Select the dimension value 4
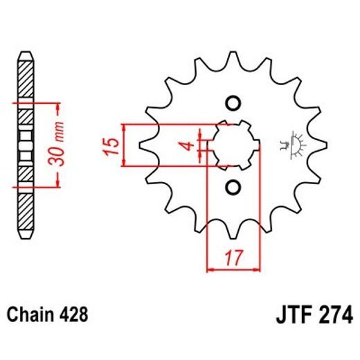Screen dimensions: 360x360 click(x=184, y=146)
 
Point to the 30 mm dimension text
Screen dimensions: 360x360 click(x=60, y=145)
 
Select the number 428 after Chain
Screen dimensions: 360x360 click(x=75, y=315)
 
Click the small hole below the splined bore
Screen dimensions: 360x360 click(x=233, y=188)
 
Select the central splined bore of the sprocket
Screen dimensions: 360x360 click(x=233, y=145)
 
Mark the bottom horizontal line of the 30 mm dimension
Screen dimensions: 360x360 click(x=42, y=188)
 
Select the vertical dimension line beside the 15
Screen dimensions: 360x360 click(x=123, y=146)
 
